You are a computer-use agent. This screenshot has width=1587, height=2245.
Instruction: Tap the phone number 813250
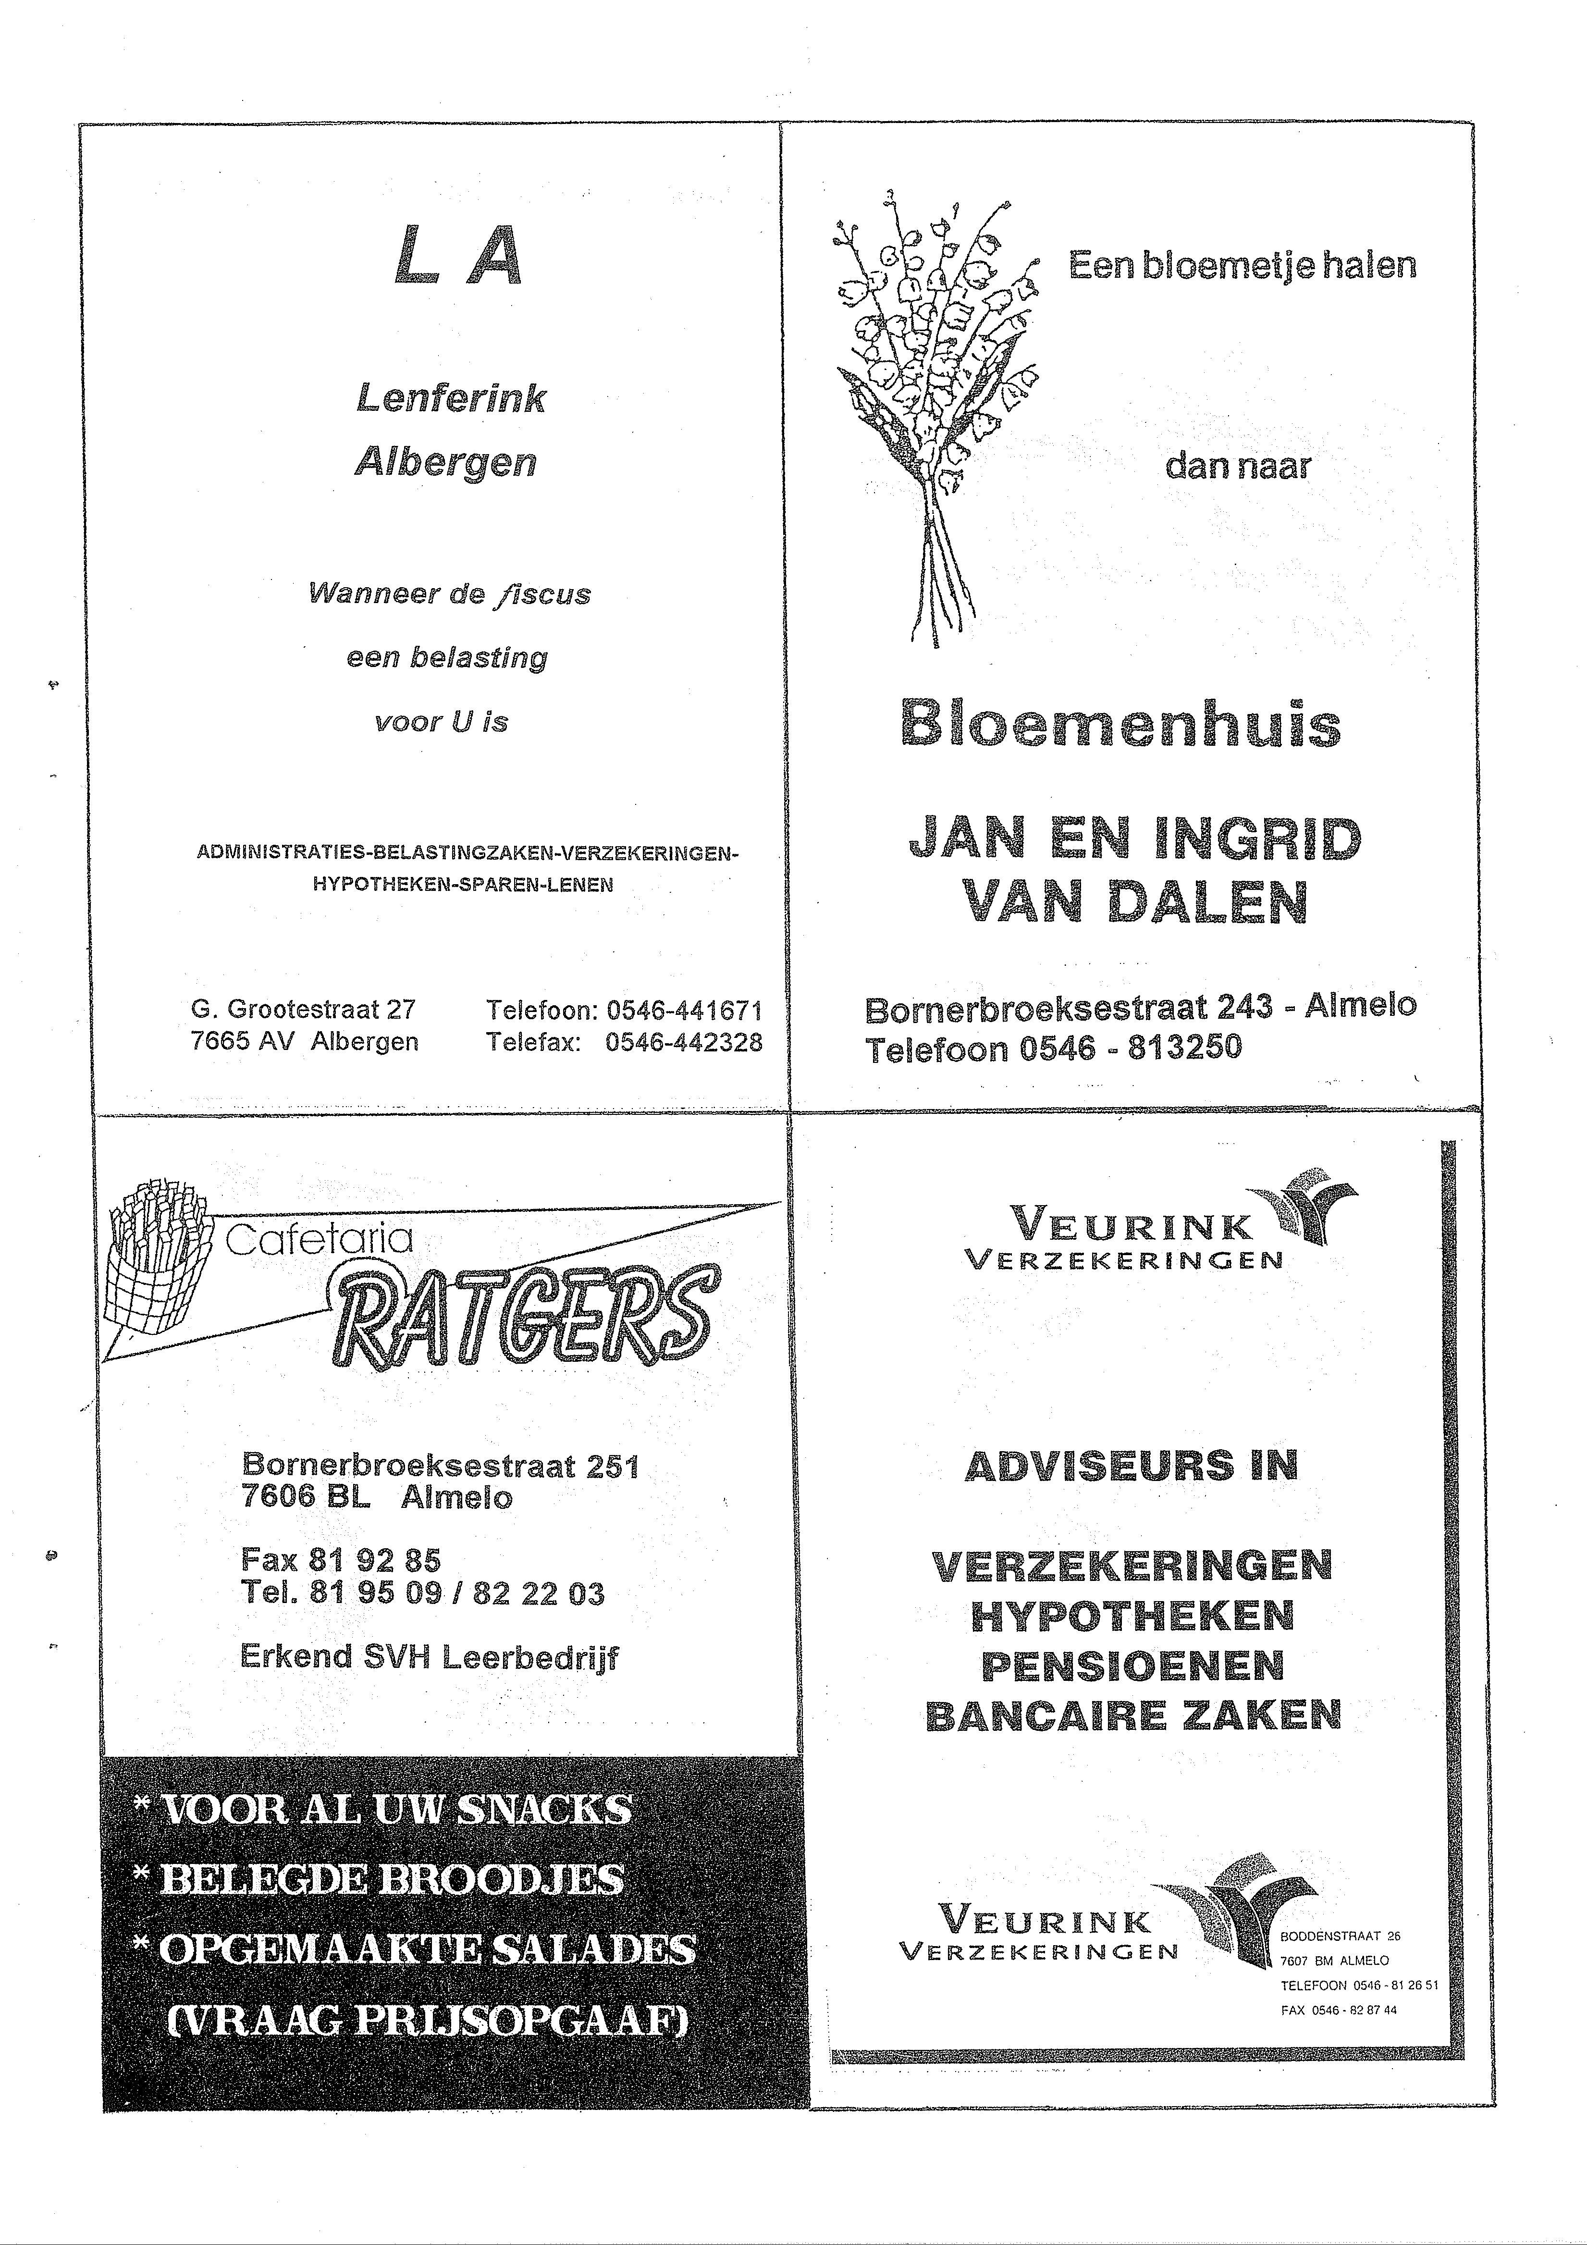[x=1185, y=1048]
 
